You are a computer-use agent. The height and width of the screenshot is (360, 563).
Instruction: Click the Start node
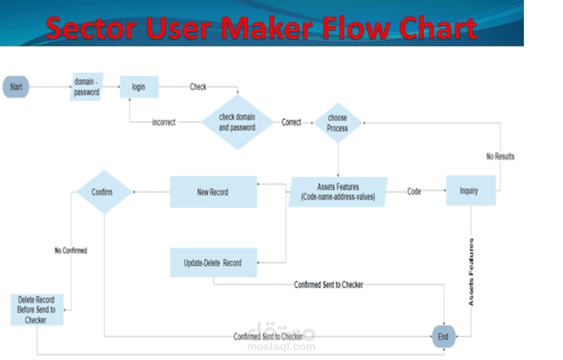[16, 87]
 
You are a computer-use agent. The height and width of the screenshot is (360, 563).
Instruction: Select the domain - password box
[87, 87]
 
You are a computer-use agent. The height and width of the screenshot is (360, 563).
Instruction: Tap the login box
[139, 87]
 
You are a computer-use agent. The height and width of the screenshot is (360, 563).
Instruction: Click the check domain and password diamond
[237, 122]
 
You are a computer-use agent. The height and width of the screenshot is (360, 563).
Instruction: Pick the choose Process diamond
[337, 123]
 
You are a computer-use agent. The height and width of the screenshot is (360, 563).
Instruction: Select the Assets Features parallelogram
[338, 191]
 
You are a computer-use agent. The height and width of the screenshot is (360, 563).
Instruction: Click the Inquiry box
[470, 191]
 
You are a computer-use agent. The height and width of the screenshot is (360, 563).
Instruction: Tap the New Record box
[212, 191]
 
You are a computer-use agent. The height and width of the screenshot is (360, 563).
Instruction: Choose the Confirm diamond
[103, 191]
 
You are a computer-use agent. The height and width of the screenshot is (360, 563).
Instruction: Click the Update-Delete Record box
[213, 262]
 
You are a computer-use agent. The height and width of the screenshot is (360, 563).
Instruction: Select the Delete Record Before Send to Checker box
[36, 310]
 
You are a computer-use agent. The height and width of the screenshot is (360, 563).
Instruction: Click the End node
[443, 337]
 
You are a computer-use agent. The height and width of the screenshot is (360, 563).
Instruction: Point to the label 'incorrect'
[164, 122]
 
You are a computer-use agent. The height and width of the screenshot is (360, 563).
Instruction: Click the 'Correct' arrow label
[291, 121]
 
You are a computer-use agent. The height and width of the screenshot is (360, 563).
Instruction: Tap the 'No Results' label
[500, 157]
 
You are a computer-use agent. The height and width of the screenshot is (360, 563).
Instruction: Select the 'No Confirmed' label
[71, 250]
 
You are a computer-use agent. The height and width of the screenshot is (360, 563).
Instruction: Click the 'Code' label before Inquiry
[414, 191]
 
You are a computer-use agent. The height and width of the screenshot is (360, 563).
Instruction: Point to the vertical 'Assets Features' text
[472, 271]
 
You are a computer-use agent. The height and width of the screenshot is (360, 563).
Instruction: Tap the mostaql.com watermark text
[282, 348]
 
